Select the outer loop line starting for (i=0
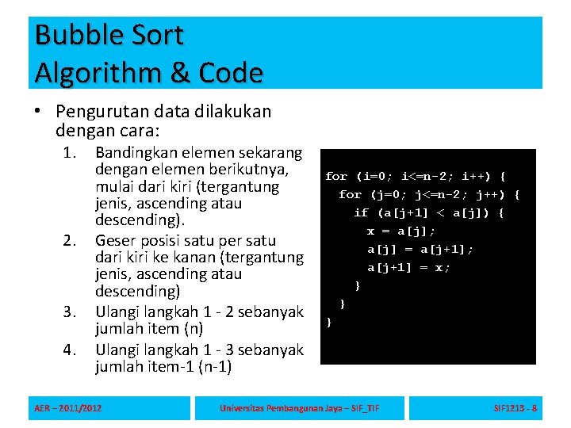(416, 176)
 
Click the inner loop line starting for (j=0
(429, 194)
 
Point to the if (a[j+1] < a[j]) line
(429, 212)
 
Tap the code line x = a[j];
(401, 231)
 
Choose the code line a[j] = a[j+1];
(420, 249)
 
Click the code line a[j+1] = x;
(409, 267)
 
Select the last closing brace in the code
(329, 322)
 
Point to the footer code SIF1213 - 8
(515, 408)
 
